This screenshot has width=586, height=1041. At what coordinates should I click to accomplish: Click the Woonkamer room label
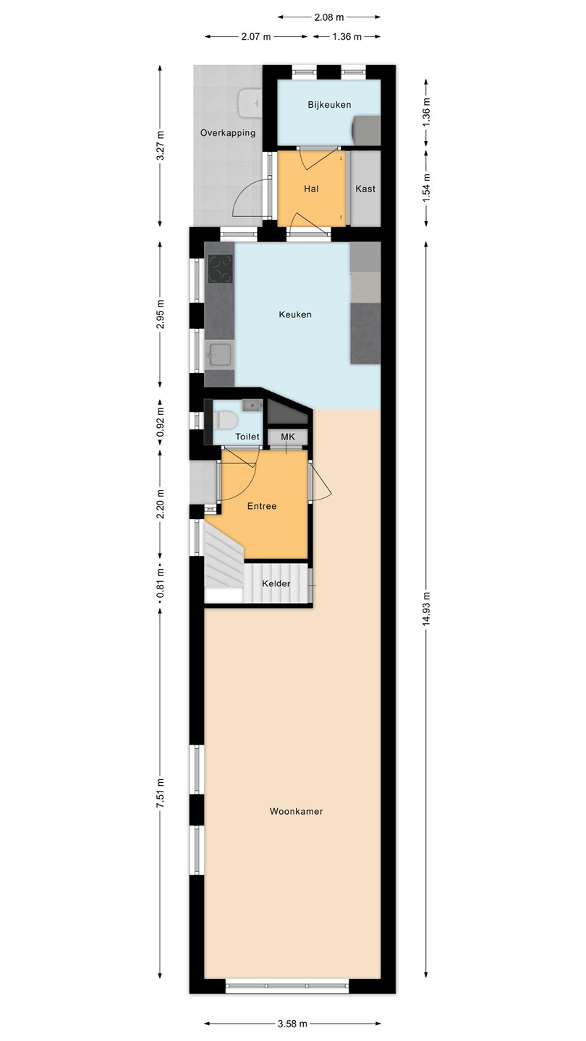[297, 811]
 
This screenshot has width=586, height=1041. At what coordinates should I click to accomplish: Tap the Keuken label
[295, 314]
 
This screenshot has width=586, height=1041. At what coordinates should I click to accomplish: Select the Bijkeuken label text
[329, 105]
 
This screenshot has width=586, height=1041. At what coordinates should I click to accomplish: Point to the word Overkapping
[228, 133]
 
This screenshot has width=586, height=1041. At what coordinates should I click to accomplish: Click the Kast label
[365, 189]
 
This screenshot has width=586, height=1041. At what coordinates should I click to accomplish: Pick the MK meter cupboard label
[288, 437]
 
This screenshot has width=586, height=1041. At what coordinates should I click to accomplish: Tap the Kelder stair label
[276, 583]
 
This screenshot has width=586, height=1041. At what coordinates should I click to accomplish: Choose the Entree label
[262, 506]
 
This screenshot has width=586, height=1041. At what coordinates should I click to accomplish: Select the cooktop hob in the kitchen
[221, 269]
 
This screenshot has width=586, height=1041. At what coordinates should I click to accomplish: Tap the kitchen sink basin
[219, 354]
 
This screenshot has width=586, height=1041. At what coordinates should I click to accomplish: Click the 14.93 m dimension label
[426, 609]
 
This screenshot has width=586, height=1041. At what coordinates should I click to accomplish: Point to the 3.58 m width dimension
[292, 1024]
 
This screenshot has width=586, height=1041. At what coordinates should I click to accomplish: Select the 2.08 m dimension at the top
[328, 17]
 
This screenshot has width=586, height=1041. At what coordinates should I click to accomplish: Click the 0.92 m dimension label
[161, 422]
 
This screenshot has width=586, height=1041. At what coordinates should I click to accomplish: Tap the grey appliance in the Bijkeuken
[366, 131]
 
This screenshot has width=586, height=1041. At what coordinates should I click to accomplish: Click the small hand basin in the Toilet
[253, 406]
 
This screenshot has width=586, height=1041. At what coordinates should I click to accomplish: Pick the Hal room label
[311, 189]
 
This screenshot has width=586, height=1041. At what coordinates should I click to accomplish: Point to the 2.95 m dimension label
[161, 314]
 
